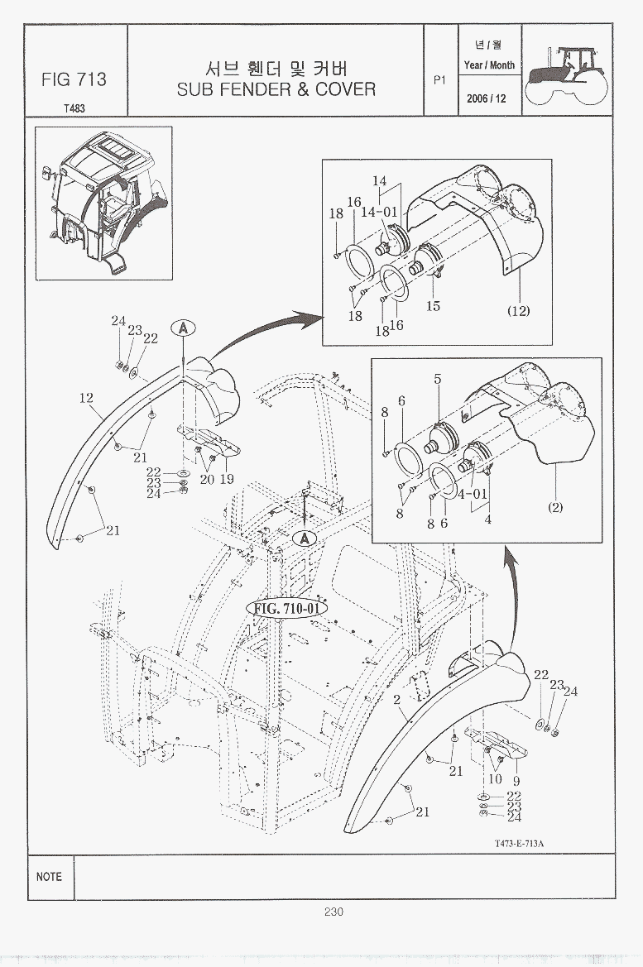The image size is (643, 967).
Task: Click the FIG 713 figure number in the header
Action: coord(74,79)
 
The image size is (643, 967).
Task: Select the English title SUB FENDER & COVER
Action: coord(276,89)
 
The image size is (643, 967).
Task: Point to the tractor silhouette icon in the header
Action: coord(567,72)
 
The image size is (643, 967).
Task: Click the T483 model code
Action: coord(73,108)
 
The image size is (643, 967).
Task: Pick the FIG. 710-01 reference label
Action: coord(286,608)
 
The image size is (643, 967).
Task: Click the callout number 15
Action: coord(433,306)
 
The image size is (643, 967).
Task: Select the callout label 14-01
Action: coord(379,212)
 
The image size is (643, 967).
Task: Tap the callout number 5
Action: coord(438,380)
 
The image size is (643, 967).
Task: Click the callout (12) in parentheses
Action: coord(518,311)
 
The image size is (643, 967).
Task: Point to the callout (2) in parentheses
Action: coord(555,507)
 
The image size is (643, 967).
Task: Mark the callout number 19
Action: coord(227,479)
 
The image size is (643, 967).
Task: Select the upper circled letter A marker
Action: coord(182,328)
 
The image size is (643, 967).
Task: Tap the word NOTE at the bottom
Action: coord(49,876)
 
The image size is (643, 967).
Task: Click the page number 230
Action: coord(333,912)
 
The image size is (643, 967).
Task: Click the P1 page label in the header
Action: coord(439,80)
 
